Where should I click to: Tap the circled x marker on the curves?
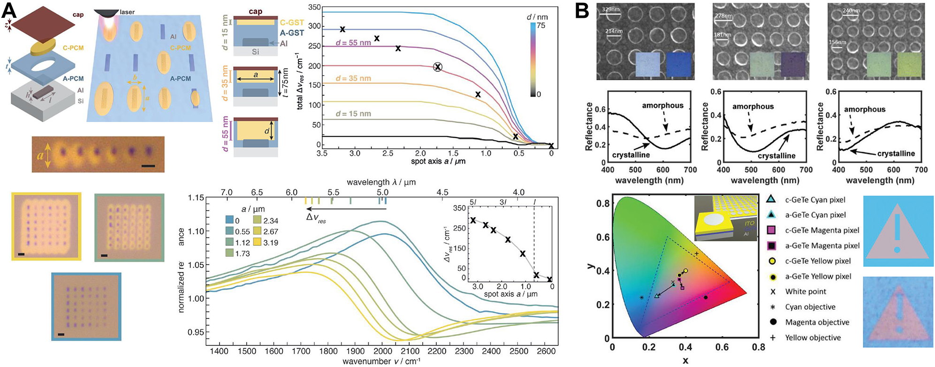438,67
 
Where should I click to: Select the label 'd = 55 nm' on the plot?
353,43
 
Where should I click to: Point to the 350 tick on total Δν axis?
315,8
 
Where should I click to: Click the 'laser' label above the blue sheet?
127,12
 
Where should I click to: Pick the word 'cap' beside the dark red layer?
78,15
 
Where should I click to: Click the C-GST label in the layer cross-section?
292,23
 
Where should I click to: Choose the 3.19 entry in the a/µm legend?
270,243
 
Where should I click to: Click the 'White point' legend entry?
806,291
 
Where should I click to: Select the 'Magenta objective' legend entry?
817,322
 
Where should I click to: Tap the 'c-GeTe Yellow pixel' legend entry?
818,261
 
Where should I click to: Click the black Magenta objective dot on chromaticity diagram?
706,297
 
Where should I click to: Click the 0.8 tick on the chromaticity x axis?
758,347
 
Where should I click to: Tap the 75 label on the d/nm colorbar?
541,26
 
